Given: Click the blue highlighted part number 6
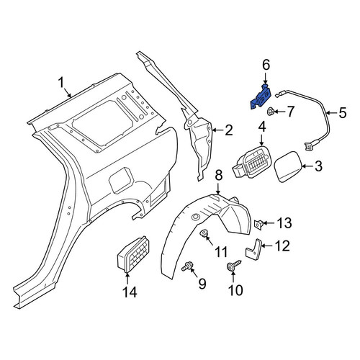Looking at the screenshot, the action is coord(261,97).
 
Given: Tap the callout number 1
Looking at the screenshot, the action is coord(62,83).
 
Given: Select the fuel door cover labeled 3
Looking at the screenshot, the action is coord(287,166).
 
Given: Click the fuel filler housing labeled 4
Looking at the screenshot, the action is coord(251,162).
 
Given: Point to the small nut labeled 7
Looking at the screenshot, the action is coord(271,112).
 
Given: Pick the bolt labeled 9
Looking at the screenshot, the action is coord(188,266).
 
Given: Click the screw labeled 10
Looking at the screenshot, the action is coord(233,265).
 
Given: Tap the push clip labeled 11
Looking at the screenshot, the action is coord(204,233).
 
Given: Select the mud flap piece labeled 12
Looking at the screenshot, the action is coord(253,250).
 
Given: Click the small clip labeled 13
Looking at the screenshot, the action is coord(258,225).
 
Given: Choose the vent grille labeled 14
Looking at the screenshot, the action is coord(133,254).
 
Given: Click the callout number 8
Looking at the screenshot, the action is coord(219,176).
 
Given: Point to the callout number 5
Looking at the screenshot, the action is coord(343,112).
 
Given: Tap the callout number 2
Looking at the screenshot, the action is coord(228,130).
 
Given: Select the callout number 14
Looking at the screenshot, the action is coord(130,292).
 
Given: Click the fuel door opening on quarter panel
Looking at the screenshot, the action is coord(121,180).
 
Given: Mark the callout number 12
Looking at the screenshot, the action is coord(282,246).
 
